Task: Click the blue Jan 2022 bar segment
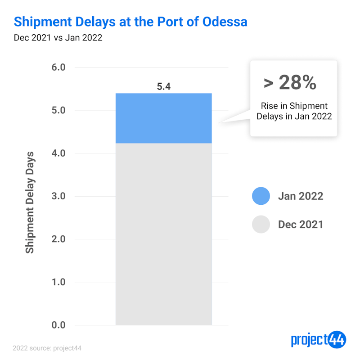tap(163, 118)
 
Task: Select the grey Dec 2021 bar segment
tap(163, 234)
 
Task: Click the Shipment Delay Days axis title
tap(30, 202)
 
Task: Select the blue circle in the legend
tap(261, 196)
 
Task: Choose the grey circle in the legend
tap(261, 224)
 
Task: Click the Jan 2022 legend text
tap(301, 196)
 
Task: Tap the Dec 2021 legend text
tap(301, 224)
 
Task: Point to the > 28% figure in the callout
tap(290, 82)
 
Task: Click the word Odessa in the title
tap(222, 21)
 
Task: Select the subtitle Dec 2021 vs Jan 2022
tap(58, 38)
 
